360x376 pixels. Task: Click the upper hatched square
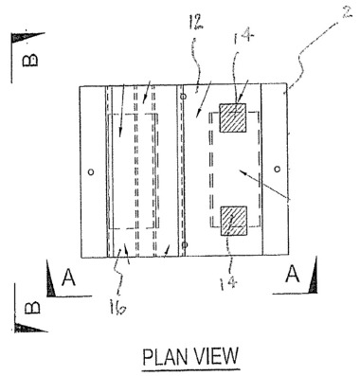tap(233, 118)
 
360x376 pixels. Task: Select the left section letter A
tap(67, 277)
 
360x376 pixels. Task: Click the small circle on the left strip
tap(90, 172)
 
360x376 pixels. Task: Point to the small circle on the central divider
tap(185, 244)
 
